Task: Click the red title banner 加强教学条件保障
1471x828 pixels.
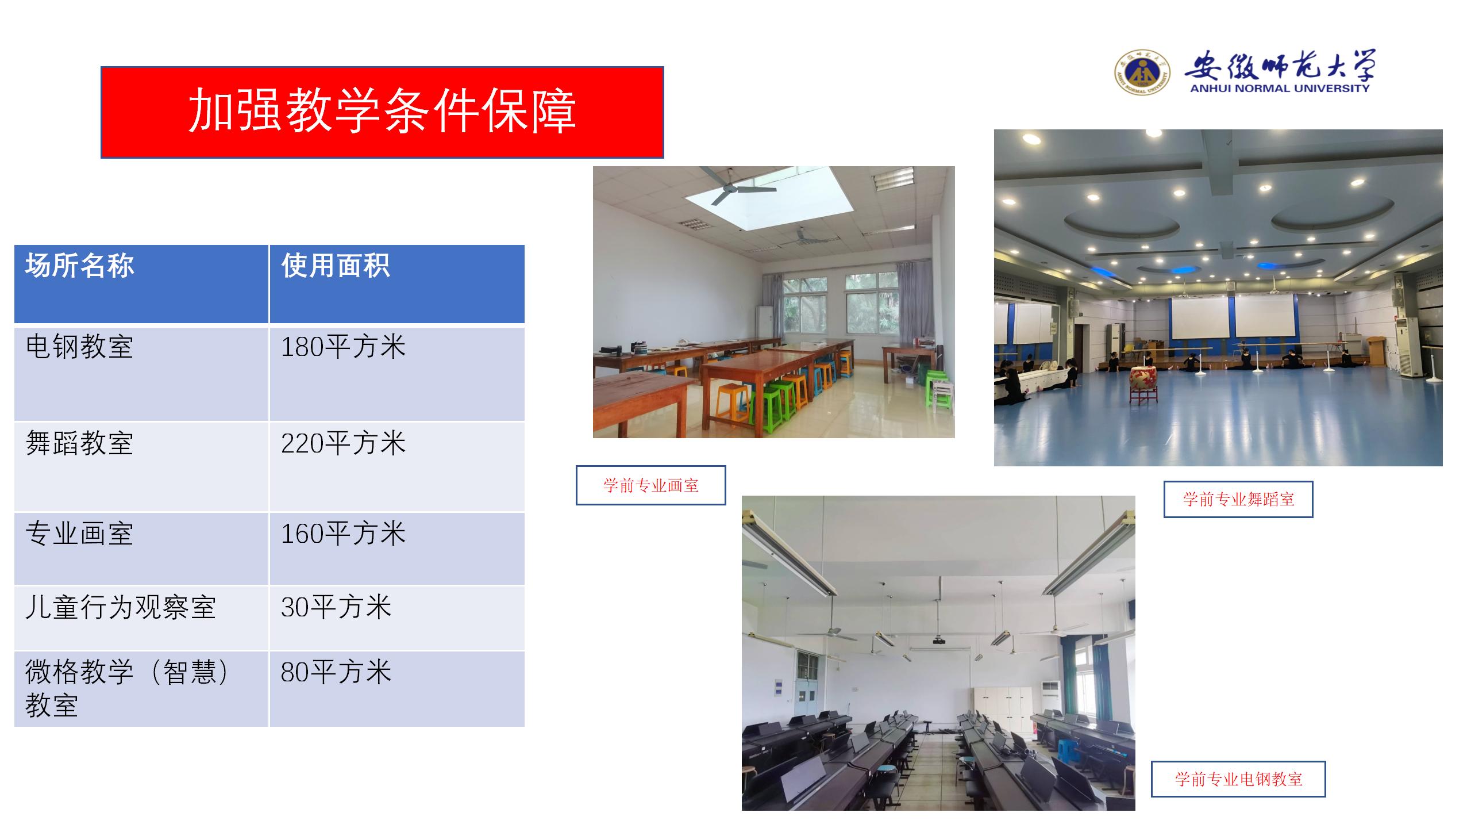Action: pos(382,112)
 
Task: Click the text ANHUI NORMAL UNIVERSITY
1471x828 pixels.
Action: pos(1280,89)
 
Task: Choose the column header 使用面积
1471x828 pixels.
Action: pos(336,266)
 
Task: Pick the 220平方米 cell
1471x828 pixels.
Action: pos(343,443)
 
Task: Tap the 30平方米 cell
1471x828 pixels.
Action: pos(336,607)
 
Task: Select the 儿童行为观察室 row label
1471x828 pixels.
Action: pos(121,607)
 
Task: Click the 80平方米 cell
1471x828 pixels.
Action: pos(336,672)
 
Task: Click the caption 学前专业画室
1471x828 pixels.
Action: pos(651,485)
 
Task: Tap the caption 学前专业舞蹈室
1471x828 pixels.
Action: pos(1238,499)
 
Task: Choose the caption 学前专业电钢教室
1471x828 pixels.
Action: pos(1238,779)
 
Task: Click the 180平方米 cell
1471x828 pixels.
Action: pos(343,347)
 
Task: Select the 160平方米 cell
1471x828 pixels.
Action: pos(343,534)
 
